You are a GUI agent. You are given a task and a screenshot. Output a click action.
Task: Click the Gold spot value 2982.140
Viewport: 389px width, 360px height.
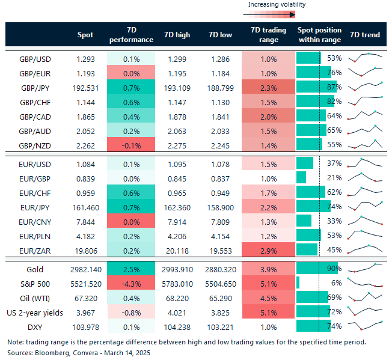85,268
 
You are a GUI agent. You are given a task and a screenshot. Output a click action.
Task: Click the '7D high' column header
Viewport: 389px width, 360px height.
177,35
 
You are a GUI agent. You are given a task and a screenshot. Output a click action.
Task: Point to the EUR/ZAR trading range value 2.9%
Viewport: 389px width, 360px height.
269,249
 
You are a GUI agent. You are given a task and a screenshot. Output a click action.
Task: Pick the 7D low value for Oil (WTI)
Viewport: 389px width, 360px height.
222,297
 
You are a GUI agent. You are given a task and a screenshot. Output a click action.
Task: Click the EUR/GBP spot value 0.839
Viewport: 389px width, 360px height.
85,177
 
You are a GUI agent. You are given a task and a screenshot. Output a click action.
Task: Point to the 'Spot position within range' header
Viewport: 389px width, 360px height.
319,35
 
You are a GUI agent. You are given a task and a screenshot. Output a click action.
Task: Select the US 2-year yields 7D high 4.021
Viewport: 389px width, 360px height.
177,311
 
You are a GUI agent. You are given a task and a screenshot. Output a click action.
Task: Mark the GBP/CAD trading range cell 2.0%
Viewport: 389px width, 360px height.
269,116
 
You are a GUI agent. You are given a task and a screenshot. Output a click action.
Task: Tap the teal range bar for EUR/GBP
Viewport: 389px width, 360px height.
301,177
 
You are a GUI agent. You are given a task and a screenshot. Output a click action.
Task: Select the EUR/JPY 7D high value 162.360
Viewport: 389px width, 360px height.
177,206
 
